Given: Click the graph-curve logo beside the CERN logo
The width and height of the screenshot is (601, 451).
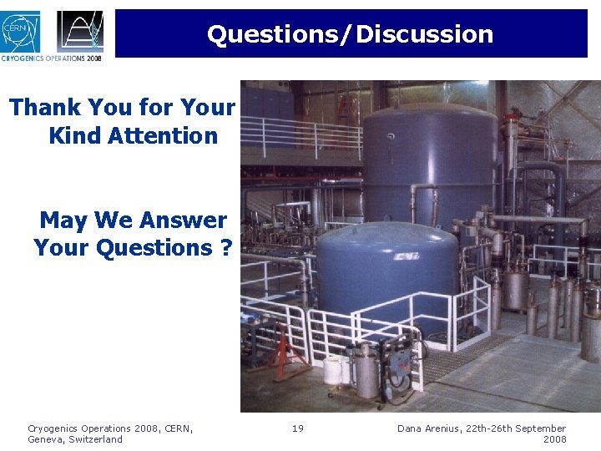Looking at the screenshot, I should point(80,31).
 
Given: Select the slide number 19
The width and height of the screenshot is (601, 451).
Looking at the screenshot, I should point(298,428).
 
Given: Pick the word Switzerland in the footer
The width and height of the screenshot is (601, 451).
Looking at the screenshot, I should point(94,439).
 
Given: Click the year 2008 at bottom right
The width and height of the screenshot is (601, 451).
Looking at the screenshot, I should point(554,439).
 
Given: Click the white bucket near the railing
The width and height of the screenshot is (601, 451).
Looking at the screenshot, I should point(333,367).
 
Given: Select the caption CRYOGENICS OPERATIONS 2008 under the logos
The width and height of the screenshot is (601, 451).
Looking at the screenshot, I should point(52,58).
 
